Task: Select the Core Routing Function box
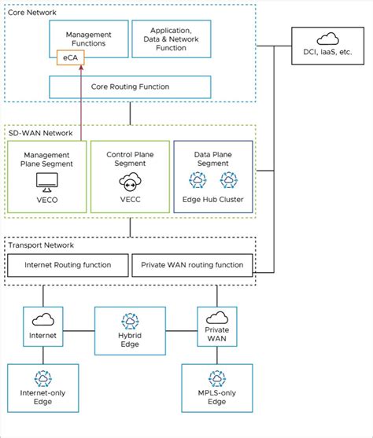pos(131,86)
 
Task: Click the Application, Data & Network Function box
pos(170,39)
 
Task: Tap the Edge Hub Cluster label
pos(212,200)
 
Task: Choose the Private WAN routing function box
pos(193,264)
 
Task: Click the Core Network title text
pos(33,13)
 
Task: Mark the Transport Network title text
pos(41,245)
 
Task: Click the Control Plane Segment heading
pos(130,160)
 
